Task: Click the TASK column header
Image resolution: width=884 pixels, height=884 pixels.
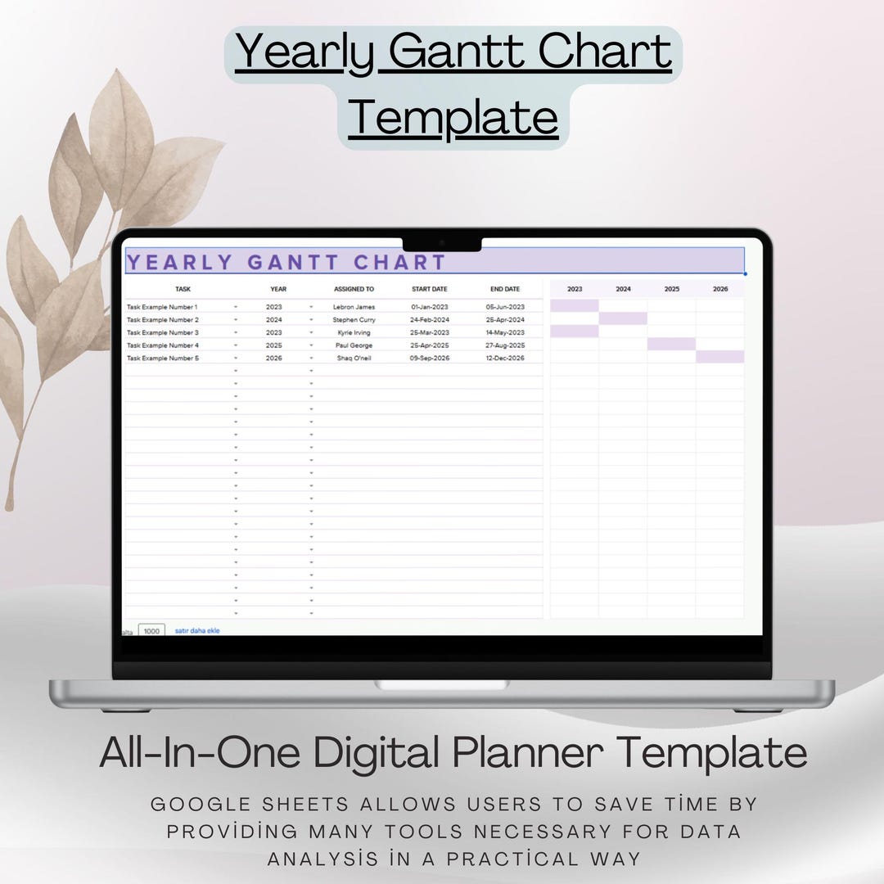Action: (x=183, y=289)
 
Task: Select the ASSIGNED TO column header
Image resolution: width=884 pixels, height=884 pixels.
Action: (x=354, y=289)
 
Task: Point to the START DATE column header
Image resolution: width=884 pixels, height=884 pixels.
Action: (x=429, y=289)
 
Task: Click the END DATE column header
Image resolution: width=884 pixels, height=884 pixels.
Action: (x=505, y=289)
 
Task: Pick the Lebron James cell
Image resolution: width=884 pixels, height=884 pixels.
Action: (x=354, y=307)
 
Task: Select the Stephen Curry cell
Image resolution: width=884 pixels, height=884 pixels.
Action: (x=354, y=320)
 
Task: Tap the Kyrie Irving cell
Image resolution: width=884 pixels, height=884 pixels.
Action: (x=354, y=332)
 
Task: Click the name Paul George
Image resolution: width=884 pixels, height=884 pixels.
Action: (x=354, y=345)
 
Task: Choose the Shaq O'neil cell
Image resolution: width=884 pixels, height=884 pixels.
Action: (x=354, y=359)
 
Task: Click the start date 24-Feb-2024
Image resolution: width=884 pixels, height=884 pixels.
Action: (x=429, y=320)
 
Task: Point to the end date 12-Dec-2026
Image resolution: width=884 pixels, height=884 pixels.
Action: (x=505, y=359)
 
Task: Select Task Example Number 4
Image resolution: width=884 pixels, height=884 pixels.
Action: (x=162, y=345)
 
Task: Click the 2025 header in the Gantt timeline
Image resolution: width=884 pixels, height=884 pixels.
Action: (x=671, y=289)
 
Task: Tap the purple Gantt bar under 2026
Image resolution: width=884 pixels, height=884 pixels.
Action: (x=720, y=357)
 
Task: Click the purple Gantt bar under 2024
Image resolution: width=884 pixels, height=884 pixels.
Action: (x=623, y=318)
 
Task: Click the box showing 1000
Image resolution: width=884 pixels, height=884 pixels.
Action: (x=151, y=631)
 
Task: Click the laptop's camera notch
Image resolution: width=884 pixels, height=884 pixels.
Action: (x=442, y=243)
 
